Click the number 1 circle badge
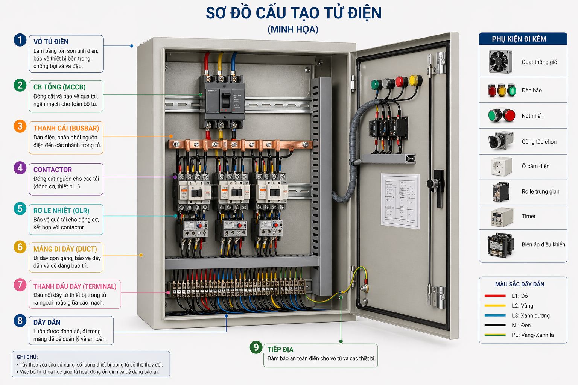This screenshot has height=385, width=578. click(x=20, y=40)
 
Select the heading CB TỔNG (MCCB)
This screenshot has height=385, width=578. click(x=59, y=87)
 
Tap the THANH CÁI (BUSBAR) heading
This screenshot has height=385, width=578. click(x=66, y=128)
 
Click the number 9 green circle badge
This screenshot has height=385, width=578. click(x=256, y=347)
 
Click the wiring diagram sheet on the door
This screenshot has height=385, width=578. click(x=400, y=201)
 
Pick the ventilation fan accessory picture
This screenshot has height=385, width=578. click(x=500, y=62)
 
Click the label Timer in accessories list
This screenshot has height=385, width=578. click(x=528, y=217)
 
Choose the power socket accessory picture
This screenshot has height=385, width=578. click(x=501, y=166)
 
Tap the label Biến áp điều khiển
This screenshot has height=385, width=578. click(x=543, y=245)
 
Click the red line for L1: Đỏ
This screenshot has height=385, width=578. click(x=495, y=296)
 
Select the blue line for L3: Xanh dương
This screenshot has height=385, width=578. click(x=495, y=315)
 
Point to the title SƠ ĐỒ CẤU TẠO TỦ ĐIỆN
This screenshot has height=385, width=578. click(x=294, y=13)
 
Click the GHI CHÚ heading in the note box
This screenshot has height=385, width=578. click(x=27, y=357)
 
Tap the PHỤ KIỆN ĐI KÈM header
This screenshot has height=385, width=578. click(x=519, y=39)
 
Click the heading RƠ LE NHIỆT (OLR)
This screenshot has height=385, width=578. click(x=61, y=211)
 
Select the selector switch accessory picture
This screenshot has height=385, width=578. click(x=500, y=141)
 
